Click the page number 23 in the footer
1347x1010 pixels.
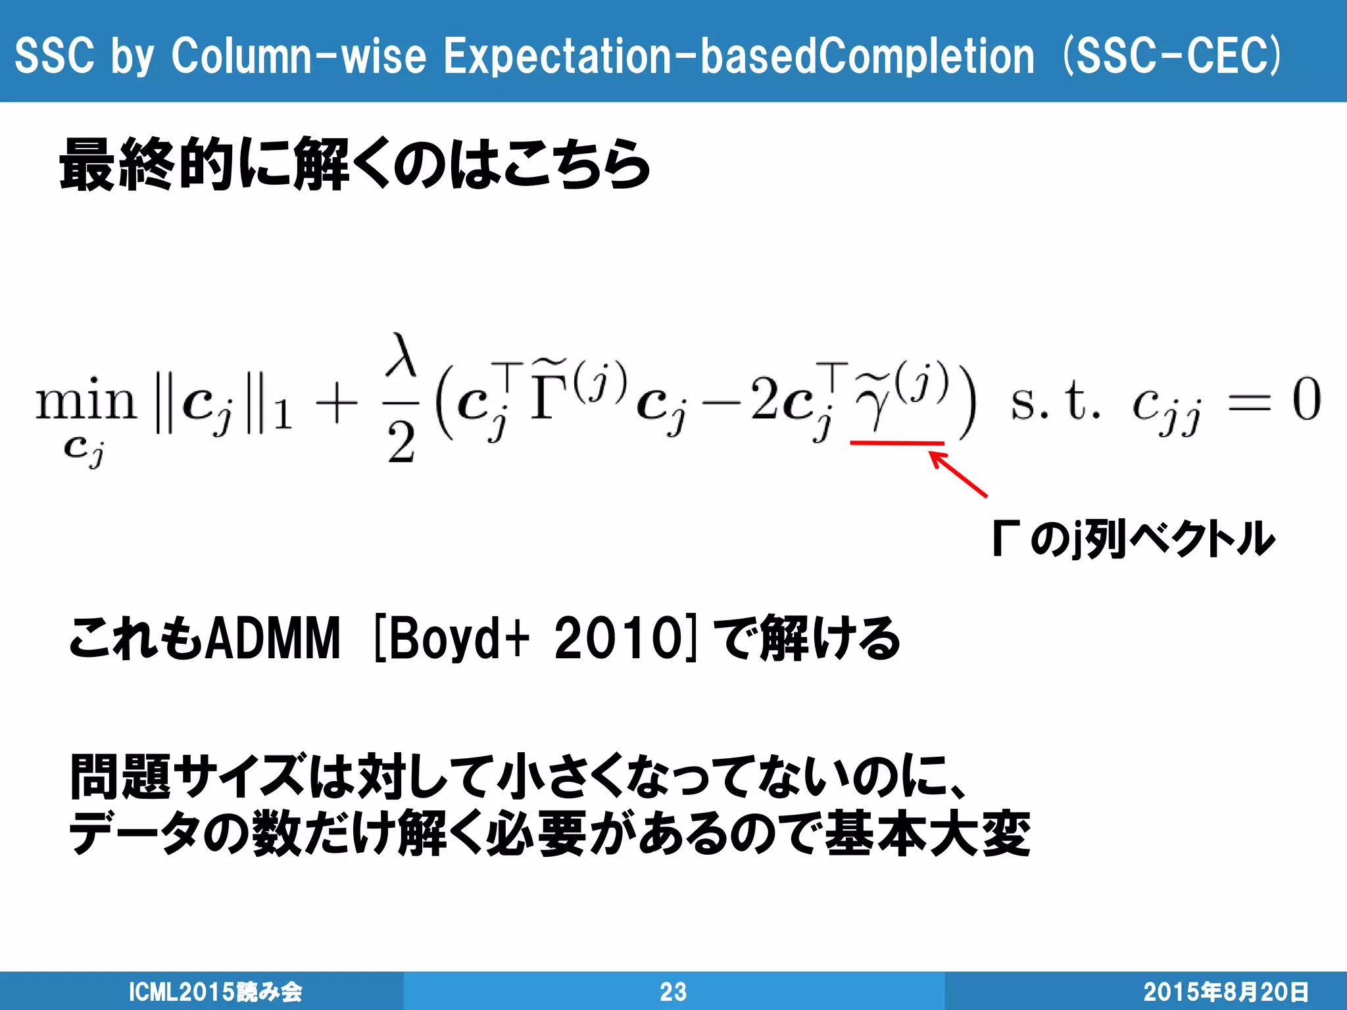[673, 992]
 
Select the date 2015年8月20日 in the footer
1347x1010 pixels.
[1225, 992]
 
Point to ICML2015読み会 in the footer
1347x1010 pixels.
[215, 992]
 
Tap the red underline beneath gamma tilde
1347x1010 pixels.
[897, 443]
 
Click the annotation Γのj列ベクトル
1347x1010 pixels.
[1133, 539]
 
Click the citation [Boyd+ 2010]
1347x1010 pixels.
[533, 638]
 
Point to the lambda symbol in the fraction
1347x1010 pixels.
[401, 356]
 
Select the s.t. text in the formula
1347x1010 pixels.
[1055, 401]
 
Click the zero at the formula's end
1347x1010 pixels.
[1306, 400]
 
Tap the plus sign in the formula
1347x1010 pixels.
[336, 402]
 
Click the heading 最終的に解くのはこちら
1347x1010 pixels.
[355, 164]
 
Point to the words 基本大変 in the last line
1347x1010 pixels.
[927, 834]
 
